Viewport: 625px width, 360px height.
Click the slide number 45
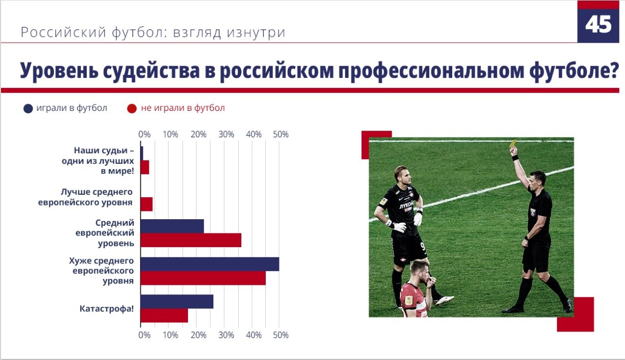(x=598, y=24)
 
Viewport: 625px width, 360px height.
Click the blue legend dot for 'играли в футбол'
(x=28, y=108)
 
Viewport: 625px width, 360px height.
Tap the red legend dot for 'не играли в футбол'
(x=132, y=108)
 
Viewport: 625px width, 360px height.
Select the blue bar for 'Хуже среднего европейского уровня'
(x=210, y=264)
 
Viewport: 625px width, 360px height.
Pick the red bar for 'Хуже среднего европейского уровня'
(x=203, y=278)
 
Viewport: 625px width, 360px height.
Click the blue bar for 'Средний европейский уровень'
(x=172, y=226)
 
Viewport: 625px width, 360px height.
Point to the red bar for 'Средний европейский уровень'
(x=191, y=240)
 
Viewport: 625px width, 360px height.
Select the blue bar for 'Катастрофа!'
(x=177, y=302)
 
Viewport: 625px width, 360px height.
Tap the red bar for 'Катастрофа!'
(x=164, y=315)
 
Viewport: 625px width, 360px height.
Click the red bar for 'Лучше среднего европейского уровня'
(x=146, y=204)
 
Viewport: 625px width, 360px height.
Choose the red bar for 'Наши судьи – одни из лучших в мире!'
(x=145, y=167)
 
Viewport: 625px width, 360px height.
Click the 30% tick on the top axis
(x=226, y=135)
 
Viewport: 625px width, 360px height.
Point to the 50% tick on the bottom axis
(x=280, y=335)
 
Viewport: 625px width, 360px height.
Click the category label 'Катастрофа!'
(x=107, y=309)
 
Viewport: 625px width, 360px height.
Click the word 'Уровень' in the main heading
(x=59, y=71)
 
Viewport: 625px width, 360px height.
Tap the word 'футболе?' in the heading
(x=574, y=71)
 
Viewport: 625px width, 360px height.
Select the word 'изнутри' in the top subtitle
(x=256, y=32)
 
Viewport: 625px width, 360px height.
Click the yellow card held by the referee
(x=513, y=143)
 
